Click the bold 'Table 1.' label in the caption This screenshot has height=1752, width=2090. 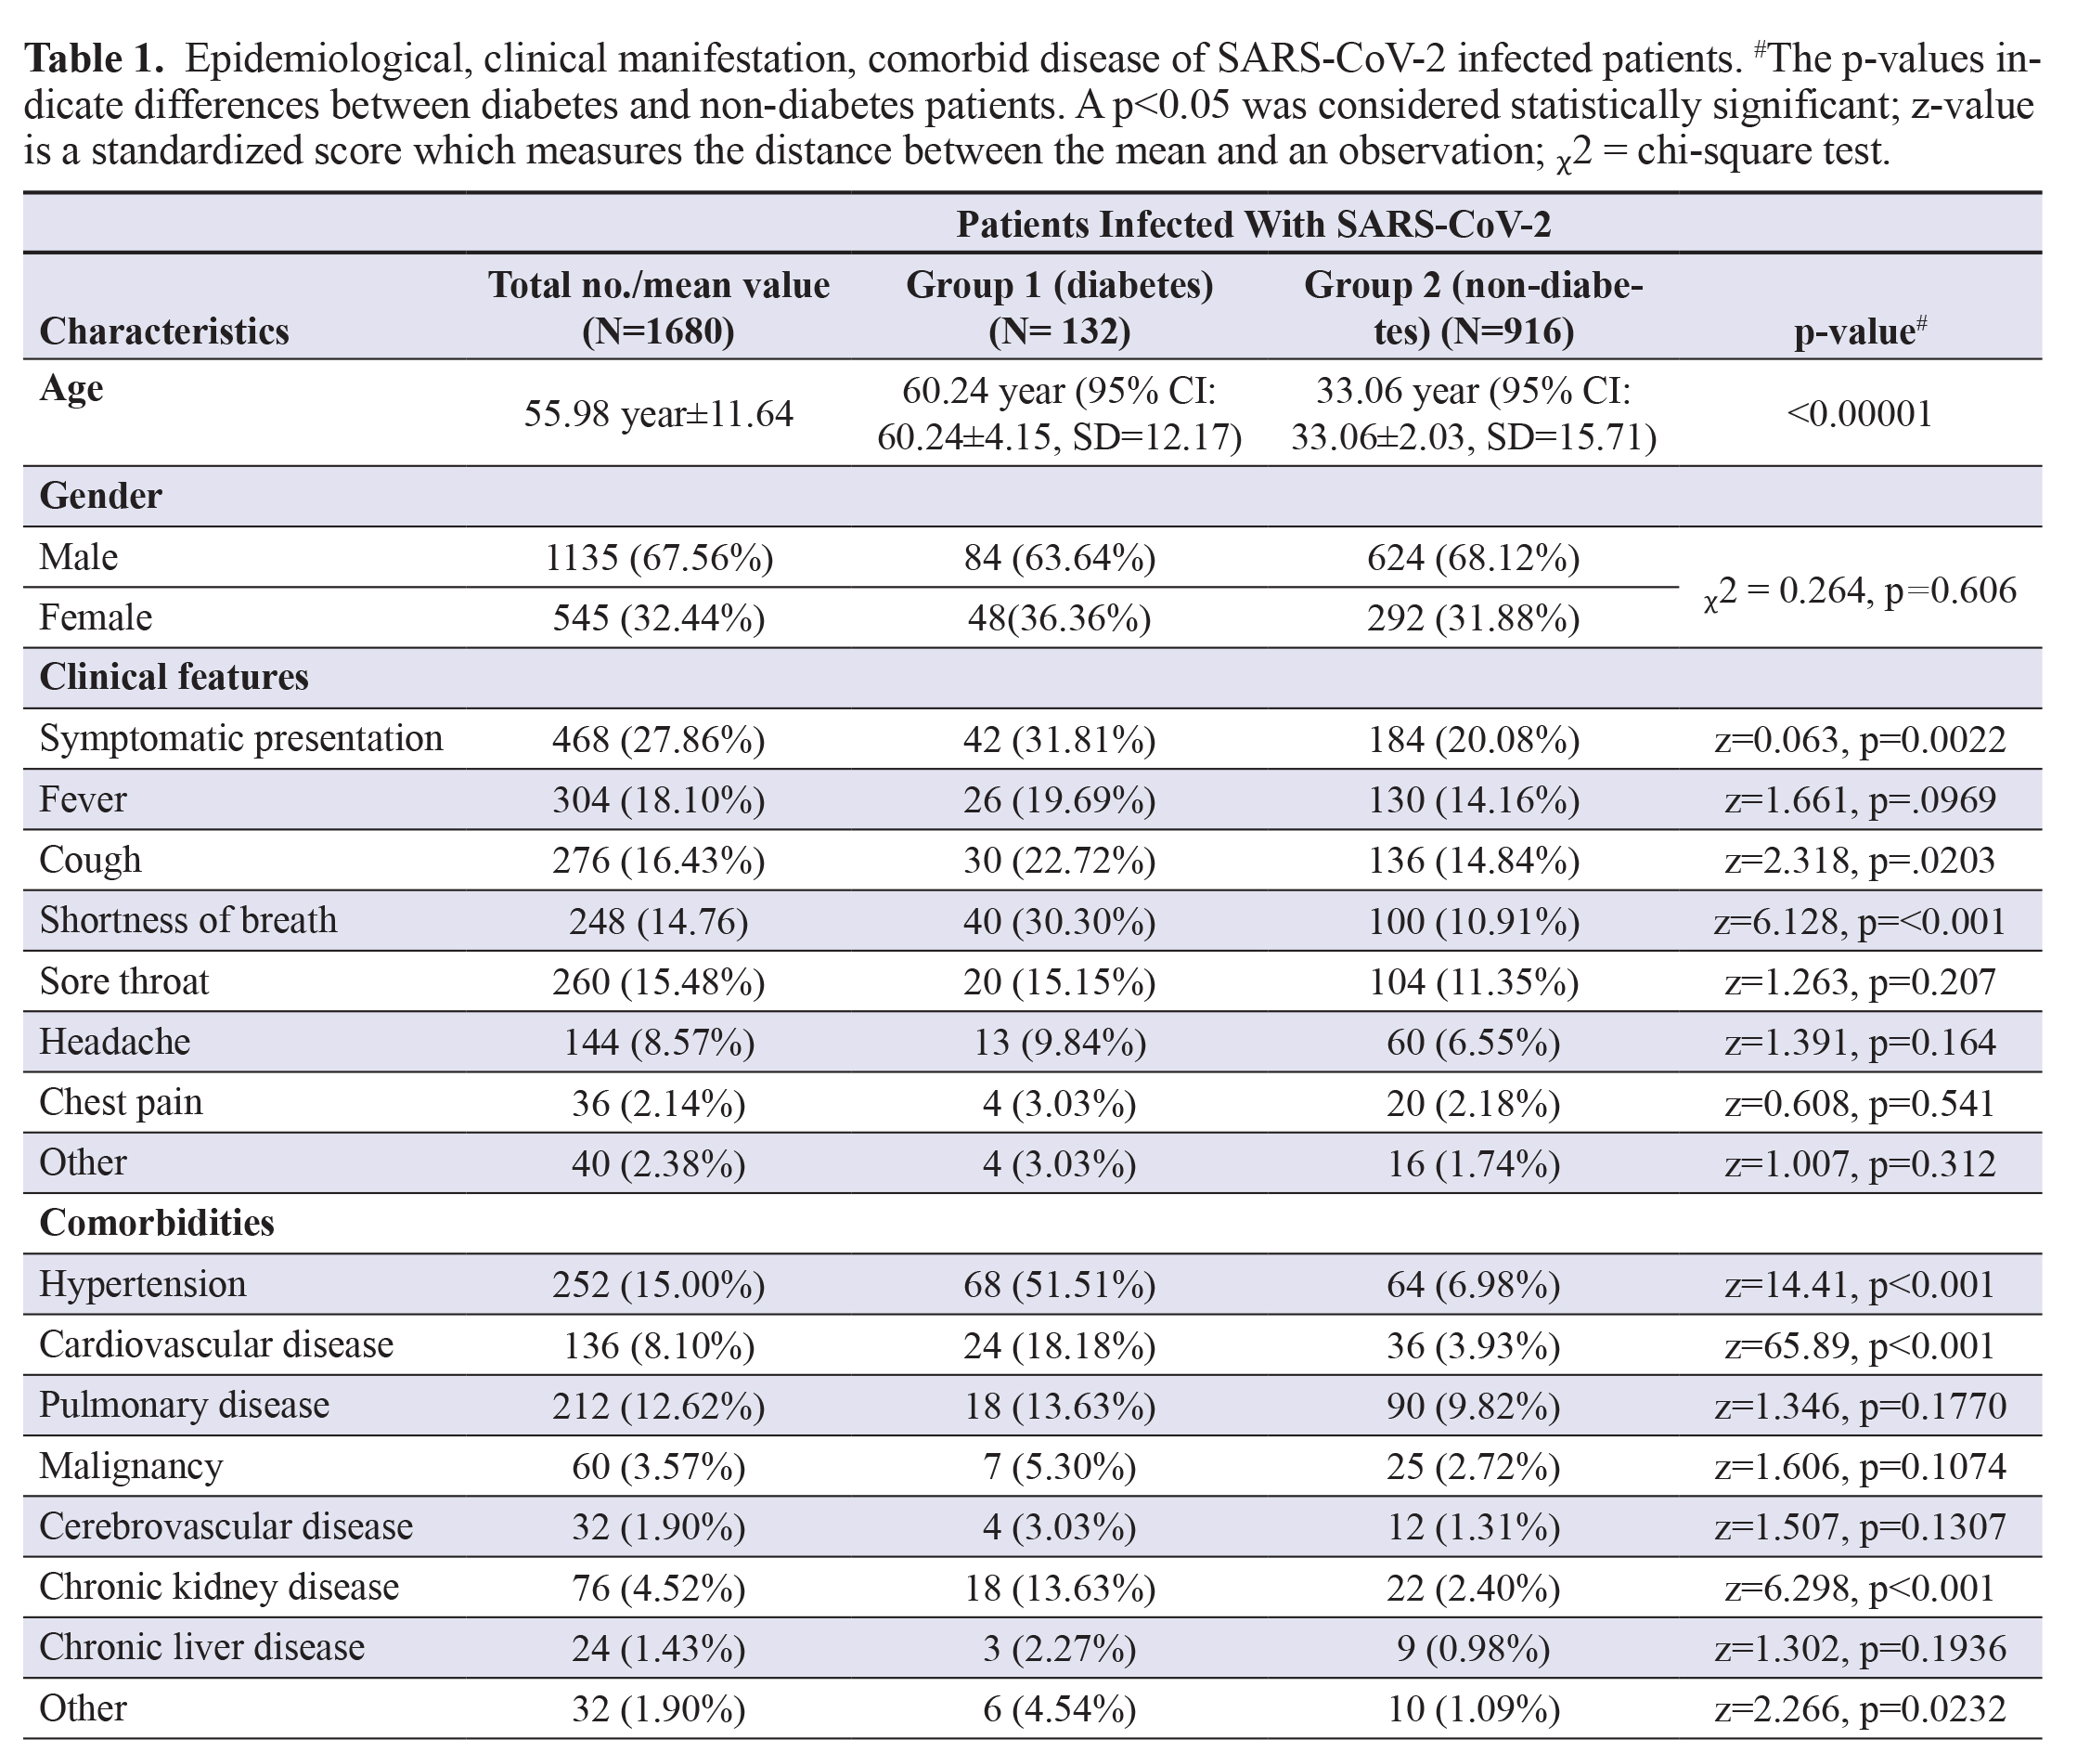coord(94,58)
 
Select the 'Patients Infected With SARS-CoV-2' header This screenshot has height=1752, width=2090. coord(1253,224)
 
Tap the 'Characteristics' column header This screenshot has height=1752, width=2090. coord(164,331)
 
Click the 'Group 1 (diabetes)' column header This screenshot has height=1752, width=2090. coord(1059,285)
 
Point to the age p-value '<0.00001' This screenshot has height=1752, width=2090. coord(1859,413)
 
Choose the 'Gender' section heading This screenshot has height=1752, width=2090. coord(100,495)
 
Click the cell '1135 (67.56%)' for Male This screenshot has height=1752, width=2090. coord(659,557)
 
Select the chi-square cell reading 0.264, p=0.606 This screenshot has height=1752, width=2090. coord(1859,592)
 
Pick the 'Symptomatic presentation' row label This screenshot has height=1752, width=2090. coord(241,739)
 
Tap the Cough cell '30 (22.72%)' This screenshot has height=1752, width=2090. coord(1059,860)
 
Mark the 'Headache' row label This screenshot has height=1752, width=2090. coord(114,1041)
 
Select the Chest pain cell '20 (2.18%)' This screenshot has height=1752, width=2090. coord(1473,1103)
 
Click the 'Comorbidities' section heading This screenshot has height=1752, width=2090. coord(156,1223)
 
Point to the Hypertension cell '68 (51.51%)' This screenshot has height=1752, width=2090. coord(1059,1284)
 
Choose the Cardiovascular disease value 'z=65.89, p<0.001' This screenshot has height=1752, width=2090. coord(1859,1344)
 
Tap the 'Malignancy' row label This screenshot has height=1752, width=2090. coord(130,1466)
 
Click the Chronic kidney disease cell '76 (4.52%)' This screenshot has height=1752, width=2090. coord(659,1588)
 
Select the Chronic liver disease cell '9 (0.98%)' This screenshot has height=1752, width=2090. coord(1473,1648)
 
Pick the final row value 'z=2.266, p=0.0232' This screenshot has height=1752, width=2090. coord(1859,1709)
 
